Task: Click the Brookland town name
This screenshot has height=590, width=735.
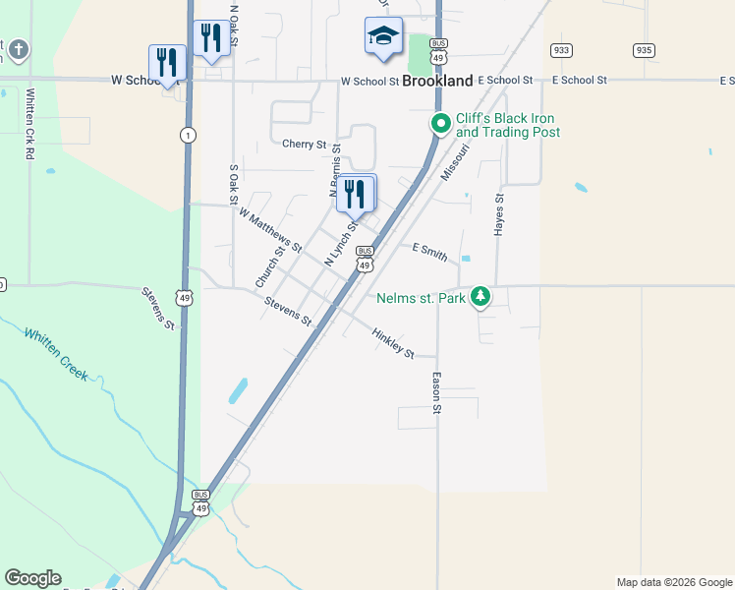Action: click(437, 82)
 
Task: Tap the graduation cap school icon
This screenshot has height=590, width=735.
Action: click(383, 37)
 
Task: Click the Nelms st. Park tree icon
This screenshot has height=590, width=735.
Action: click(481, 296)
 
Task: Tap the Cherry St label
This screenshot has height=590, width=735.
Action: click(304, 145)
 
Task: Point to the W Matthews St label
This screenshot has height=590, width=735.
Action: click(270, 227)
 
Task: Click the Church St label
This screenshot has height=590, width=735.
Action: click(269, 266)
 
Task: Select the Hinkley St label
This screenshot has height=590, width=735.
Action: click(393, 343)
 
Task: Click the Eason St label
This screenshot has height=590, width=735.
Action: click(435, 392)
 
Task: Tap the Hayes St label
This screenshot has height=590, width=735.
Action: click(499, 213)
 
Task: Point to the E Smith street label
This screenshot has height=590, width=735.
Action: click(429, 253)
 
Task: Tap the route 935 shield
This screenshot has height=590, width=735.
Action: click(645, 50)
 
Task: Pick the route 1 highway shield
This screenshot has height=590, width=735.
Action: click(186, 134)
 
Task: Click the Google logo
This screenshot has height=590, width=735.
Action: click(32, 578)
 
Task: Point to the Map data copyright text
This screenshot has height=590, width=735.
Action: click(673, 582)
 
